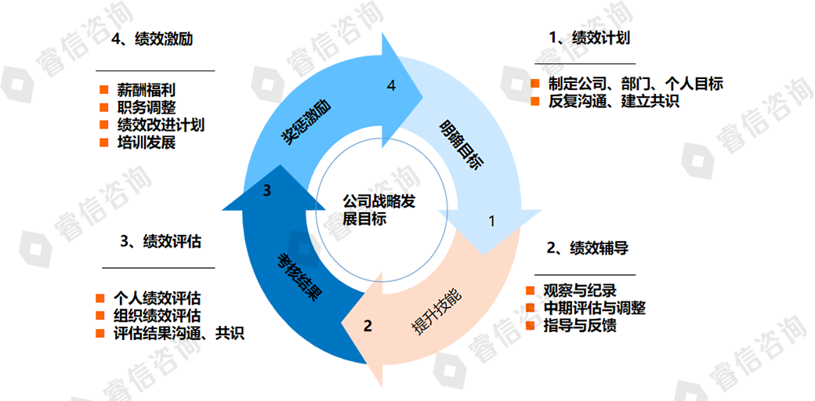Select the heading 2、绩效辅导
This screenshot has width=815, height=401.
(x=587, y=248)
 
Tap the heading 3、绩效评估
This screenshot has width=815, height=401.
(x=161, y=241)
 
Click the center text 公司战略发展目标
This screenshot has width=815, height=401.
(x=379, y=209)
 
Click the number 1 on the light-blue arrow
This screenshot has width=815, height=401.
(x=492, y=221)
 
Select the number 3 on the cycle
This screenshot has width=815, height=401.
(x=266, y=190)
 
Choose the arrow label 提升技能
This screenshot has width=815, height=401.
(x=436, y=312)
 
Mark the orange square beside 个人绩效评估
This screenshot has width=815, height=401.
(x=100, y=298)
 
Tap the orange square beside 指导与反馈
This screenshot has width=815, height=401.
(x=531, y=326)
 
